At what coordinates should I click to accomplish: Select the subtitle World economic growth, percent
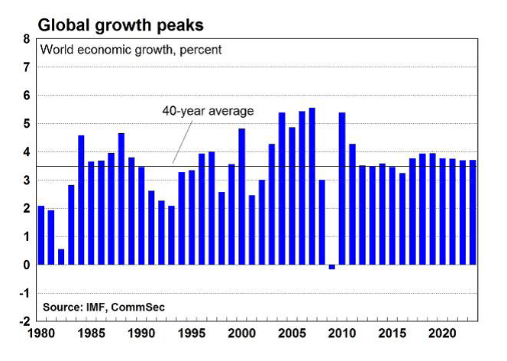pos(131,50)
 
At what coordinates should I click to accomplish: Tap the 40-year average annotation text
pos(208,110)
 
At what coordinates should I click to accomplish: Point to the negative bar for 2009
pos(332,267)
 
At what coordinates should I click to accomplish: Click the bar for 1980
pos(41,236)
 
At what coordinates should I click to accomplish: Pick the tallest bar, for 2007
pos(312,187)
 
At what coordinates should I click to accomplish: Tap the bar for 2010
pos(342,189)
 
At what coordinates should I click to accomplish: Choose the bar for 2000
pos(242,197)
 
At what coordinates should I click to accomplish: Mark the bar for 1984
pos(81,200)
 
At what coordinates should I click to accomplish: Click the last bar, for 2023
pos(473,213)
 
